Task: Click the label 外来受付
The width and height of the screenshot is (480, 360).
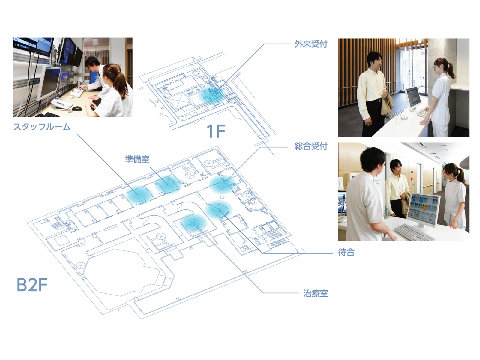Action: point(311,44)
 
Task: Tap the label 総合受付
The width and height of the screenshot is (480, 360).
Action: point(311,146)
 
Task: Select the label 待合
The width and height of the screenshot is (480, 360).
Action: point(346,252)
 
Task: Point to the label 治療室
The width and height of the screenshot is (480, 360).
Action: point(315,293)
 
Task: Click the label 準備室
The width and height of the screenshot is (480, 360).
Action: point(137,159)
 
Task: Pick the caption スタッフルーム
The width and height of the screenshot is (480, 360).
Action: point(42,127)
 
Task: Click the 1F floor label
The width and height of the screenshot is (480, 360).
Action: point(216,131)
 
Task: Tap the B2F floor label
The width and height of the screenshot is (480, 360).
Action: point(32,285)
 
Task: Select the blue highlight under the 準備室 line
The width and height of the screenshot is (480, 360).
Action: point(168,184)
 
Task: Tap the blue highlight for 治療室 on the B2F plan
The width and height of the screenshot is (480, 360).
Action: point(194,223)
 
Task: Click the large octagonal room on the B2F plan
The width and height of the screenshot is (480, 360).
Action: point(120,271)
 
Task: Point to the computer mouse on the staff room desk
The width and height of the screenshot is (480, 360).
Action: point(77,108)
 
